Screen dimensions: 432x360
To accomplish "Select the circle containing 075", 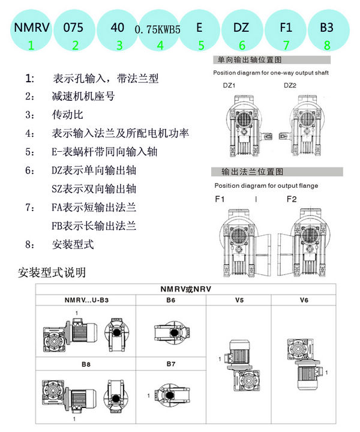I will pos(75,32).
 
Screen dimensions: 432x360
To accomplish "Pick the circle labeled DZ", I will pos(242,32).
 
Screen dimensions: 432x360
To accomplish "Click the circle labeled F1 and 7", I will pos(286,32).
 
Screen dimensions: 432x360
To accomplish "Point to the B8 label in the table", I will pos(85,363).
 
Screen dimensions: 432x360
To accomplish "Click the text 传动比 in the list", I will pos(67,115).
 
